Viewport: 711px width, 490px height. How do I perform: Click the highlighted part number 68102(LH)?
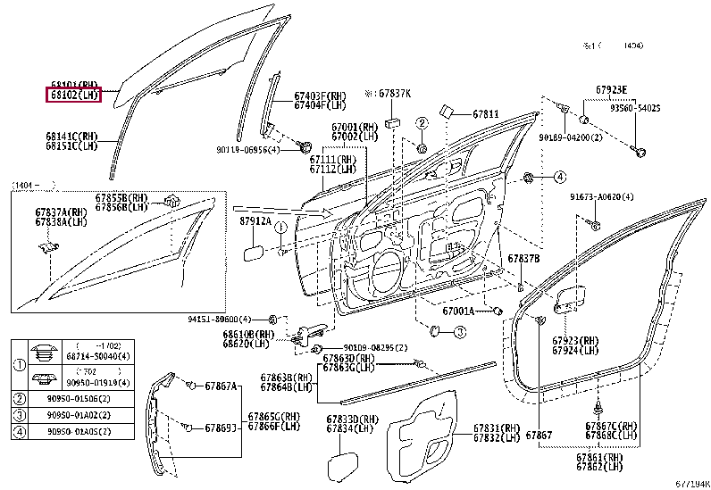(x=73, y=95)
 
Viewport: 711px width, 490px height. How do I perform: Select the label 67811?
(x=486, y=114)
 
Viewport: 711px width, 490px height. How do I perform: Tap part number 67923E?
(x=612, y=89)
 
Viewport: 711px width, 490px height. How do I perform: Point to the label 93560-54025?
(x=635, y=108)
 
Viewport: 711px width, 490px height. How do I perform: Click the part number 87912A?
(x=255, y=220)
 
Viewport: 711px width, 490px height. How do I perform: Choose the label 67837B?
(x=523, y=258)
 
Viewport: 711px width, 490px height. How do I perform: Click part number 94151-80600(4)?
(x=220, y=319)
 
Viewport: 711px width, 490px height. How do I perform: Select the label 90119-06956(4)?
(x=247, y=150)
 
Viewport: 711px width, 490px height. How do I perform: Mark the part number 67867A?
(x=222, y=386)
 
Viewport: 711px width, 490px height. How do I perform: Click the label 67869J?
(x=222, y=428)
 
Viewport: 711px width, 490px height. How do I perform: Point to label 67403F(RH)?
(x=320, y=96)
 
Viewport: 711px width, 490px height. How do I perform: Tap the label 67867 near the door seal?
(x=540, y=434)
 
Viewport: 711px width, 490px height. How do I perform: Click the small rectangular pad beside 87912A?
(x=252, y=253)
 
